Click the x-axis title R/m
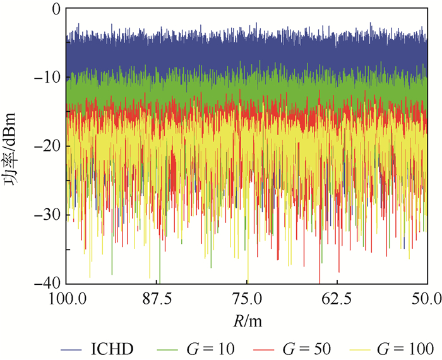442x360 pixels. point(246,321)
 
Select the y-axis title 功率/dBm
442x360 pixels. point(14,147)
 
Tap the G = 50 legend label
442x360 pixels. point(307,347)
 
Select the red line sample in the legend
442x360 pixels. point(265,347)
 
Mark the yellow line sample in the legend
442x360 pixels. point(362,347)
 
